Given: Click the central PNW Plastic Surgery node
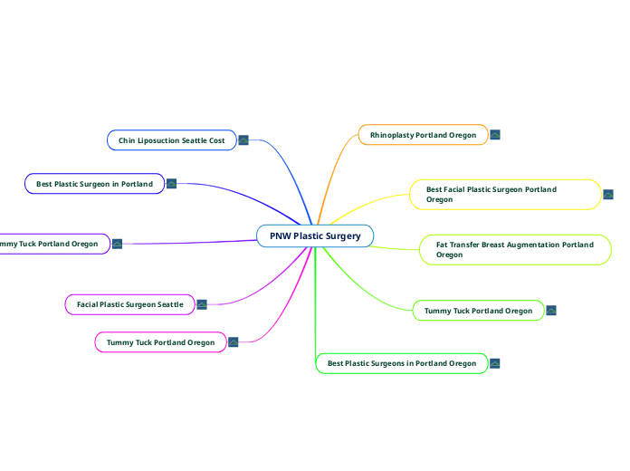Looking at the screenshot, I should click(315, 236).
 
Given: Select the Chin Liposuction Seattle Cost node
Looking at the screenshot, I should click(171, 140).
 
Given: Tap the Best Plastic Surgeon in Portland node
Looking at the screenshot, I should click(94, 184).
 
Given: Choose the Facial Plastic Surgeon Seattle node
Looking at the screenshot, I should click(129, 304).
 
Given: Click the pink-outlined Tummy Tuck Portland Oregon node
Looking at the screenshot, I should click(160, 342).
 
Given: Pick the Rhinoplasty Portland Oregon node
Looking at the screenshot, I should click(423, 135).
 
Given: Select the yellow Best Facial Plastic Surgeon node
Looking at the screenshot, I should click(504, 195).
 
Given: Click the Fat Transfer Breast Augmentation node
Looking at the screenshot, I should click(515, 250).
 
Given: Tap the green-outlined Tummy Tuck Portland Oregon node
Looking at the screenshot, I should click(478, 311).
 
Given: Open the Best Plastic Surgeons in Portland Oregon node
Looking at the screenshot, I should click(401, 363).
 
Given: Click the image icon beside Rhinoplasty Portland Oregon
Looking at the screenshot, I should click(495, 135).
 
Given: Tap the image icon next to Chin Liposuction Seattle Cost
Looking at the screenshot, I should click(243, 140).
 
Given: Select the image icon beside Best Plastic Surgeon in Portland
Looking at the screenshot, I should click(171, 184).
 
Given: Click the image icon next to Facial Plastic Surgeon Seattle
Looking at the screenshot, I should click(202, 304).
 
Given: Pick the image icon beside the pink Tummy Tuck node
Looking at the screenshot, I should click(233, 341).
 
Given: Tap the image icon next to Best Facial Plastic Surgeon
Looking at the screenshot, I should click(608, 195).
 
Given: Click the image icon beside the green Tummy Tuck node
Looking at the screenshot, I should click(551, 311).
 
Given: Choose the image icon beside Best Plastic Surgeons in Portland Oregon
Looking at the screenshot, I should click(495, 363).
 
